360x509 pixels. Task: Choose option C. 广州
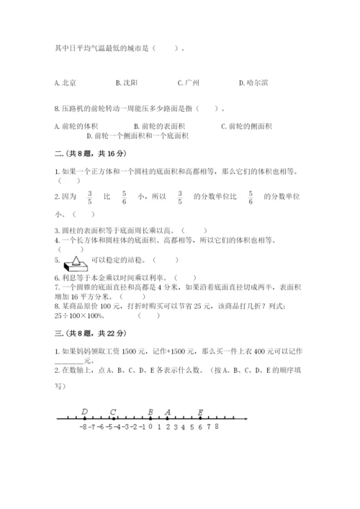pos(188,83)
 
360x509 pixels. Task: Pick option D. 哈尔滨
pos(253,83)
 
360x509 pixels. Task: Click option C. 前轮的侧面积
pos(246,126)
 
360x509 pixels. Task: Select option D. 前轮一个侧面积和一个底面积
pos(137,135)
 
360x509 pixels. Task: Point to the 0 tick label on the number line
pos(150,427)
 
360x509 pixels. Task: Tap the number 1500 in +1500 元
pos(163,351)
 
